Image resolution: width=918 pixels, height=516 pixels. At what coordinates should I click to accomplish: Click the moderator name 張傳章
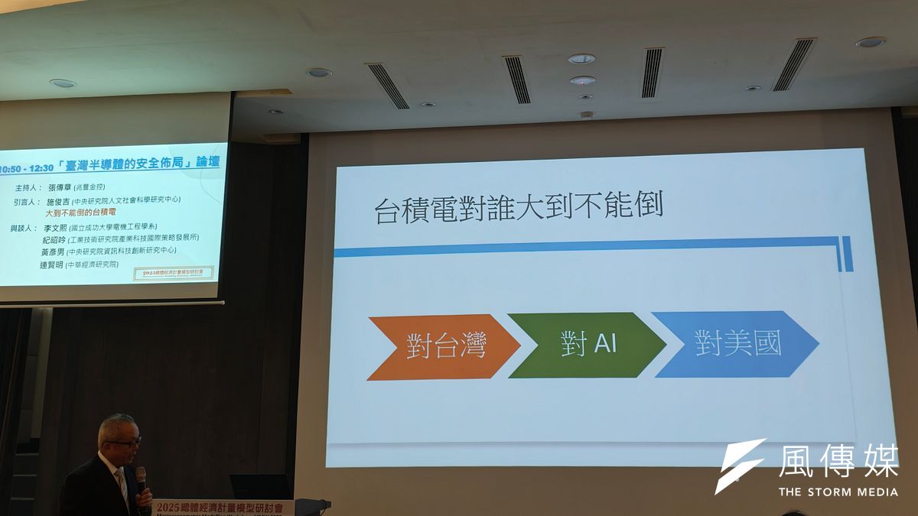point(63,187)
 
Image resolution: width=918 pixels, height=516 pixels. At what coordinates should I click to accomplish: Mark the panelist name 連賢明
point(51,264)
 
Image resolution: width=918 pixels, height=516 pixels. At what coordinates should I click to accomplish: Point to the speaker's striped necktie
point(122,485)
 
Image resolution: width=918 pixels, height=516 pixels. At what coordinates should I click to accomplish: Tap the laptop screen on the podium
point(260,486)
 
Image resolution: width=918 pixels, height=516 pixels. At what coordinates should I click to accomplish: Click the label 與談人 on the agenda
point(22,227)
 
